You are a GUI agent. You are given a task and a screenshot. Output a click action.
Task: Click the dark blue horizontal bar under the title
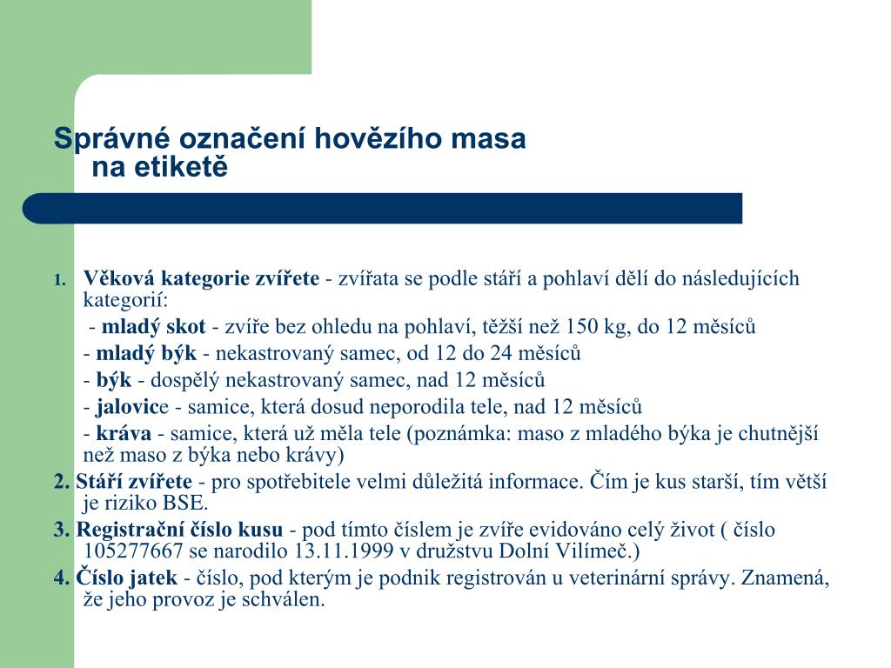coord(383,208)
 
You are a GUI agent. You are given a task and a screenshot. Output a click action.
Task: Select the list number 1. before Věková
coord(60,280)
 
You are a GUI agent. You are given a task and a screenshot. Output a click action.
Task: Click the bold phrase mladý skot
coord(153,327)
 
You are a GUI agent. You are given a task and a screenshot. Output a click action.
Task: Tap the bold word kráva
coord(124,433)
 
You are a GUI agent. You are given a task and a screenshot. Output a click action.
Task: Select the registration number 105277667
coord(134,551)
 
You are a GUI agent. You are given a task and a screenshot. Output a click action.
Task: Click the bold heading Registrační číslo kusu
coord(179,530)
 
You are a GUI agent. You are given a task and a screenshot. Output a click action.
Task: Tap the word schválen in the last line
coord(285,600)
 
